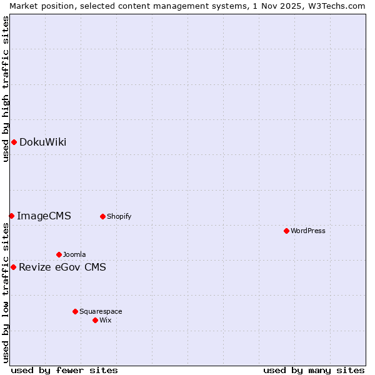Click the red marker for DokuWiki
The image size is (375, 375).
(14, 142)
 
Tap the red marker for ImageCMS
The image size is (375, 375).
(11, 216)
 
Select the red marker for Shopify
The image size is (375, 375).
(102, 216)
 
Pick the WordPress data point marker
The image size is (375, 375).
(286, 231)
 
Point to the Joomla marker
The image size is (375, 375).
(59, 254)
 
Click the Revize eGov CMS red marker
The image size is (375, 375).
(13, 267)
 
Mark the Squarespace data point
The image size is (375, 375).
(75, 311)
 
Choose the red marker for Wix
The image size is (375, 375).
(95, 320)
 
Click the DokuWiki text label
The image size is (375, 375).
(42, 142)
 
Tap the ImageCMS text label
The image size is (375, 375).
(44, 216)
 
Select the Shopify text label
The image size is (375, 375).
(119, 217)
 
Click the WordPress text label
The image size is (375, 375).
(308, 231)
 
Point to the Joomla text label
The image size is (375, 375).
(74, 254)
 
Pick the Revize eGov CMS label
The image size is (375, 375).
(62, 267)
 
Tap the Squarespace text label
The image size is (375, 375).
(101, 311)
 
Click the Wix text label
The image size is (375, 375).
(106, 320)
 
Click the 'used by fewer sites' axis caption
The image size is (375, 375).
(64, 371)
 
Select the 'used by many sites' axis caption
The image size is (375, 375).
(314, 371)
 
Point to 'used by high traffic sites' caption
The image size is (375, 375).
(6, 89)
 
